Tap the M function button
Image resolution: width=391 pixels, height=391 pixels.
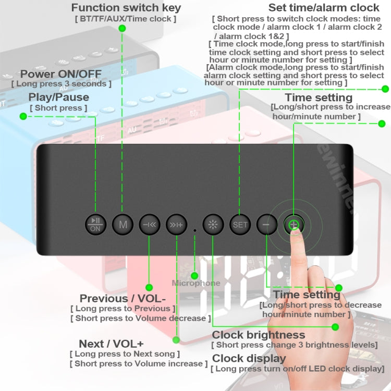[x=123, y=225]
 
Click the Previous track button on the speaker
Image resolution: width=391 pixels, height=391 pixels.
[x=149, y=225]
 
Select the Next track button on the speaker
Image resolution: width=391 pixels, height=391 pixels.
[x=176, y=225]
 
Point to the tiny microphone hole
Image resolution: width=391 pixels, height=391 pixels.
[x=195, y=229]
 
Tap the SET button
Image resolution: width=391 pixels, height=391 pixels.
[x=240, y=225]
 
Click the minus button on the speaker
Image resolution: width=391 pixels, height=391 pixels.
[x=266, y=225]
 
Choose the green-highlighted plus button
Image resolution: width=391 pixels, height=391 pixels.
[x=294, y=225]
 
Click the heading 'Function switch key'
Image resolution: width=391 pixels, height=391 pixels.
[x=126, y=8]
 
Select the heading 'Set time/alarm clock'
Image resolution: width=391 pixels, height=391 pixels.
[x=324, y=8]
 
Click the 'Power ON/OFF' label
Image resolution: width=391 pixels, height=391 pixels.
[x=61, y=74]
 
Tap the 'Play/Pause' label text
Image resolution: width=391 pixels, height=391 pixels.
[x=58, y=97]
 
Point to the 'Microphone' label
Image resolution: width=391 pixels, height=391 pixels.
[x=196, y=283]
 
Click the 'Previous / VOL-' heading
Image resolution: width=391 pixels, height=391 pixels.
[x=123, y=298]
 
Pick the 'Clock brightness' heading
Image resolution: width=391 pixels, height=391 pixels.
[x=258, y=335]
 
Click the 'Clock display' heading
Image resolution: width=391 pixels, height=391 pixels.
[x=249, y=358]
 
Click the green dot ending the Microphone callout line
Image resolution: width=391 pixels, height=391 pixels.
[x=195, y=275]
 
